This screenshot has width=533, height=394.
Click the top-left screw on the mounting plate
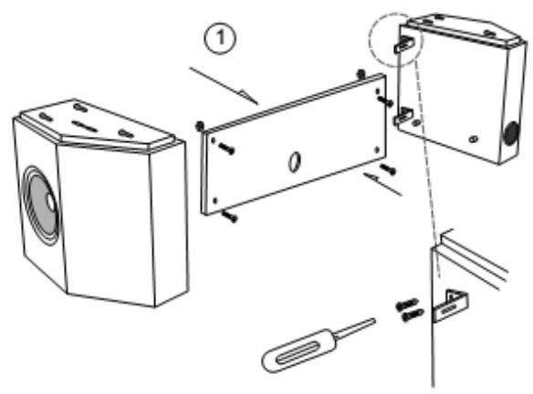click(225, 148)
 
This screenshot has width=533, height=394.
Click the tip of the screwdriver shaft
click(374, 320)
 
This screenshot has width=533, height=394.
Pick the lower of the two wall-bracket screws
click(411, 316)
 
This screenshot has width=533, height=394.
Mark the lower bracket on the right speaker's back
click(403, 117)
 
